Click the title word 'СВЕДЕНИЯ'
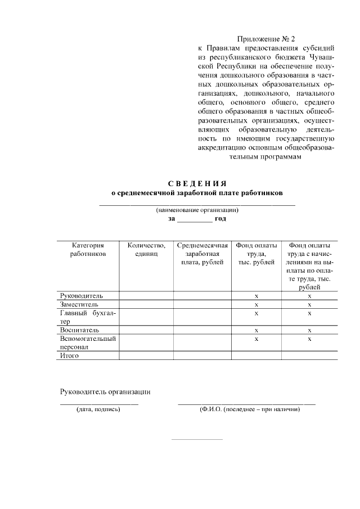[197, 184]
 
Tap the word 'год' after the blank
[220, 218]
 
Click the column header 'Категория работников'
[87, 250]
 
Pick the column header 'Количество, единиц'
[146, 250]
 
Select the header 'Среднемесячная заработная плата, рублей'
[202, 254]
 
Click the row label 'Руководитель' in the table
[82, 295]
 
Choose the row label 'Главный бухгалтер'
[87, 317]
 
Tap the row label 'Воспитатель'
[80, 330]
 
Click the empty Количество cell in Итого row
[146, 355]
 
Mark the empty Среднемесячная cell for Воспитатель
[202, 330]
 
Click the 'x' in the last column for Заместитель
[309, 304]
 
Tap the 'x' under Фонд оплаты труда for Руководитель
[256, 295]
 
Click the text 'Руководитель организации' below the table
[105, 391]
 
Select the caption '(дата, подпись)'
[98, 409]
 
